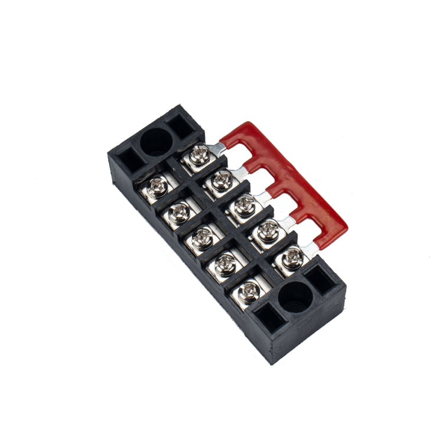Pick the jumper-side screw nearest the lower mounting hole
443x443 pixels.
292,257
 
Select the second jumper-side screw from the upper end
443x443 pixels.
221,180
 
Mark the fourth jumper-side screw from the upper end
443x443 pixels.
268,231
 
